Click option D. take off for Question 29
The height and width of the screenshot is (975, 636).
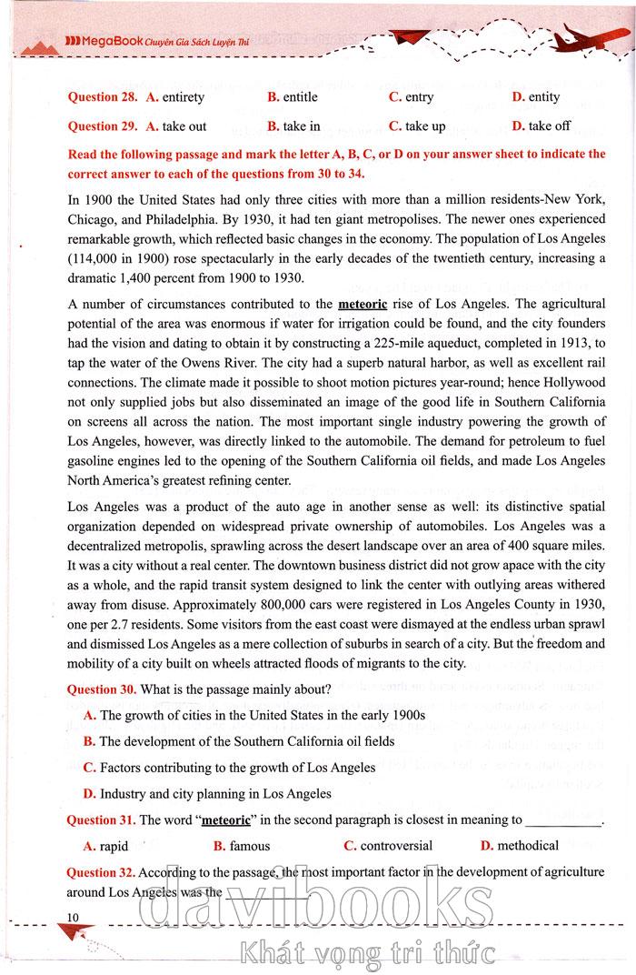coord(542,126)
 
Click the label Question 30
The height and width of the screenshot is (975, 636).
coord(101,689)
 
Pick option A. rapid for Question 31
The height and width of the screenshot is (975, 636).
coord(105,846)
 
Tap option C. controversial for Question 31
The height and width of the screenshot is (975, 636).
coord(388,846)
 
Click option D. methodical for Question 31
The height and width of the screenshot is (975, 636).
coord(519,846)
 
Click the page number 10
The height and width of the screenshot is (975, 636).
coord(74,914)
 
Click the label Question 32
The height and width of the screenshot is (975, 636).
coord(101,872)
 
